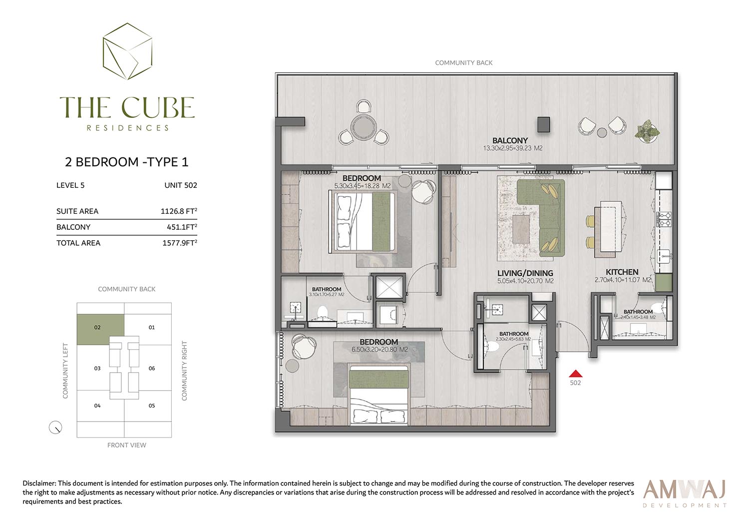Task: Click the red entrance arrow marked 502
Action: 575,374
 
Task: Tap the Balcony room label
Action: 510,140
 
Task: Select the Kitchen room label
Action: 622,272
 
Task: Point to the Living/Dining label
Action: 525,273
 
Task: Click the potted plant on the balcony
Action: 647,131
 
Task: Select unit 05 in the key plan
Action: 152,406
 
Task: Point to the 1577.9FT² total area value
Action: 180,243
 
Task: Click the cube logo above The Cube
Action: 127,51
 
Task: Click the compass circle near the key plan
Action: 55,428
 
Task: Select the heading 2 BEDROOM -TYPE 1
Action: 127,162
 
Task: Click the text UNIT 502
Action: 181,185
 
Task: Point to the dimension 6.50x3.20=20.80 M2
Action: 379,350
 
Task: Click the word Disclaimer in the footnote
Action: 39,483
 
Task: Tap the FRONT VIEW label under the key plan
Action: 127,445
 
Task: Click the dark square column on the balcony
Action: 544,124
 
